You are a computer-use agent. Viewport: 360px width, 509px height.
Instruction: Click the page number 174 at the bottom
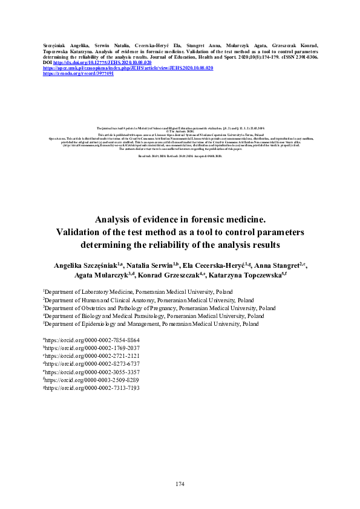click(180, 484)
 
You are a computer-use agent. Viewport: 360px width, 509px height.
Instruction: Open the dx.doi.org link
click(102, 62)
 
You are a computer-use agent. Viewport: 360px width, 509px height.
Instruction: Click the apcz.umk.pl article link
click(128, 68)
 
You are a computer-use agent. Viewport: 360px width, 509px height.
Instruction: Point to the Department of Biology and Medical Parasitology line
click(154, 316)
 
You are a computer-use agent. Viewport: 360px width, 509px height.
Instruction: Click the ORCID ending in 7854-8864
click(91, 340)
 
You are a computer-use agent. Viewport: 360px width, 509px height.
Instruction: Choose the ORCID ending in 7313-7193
click(91, 387)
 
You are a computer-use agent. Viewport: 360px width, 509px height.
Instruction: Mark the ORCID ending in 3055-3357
click(91, 372)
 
